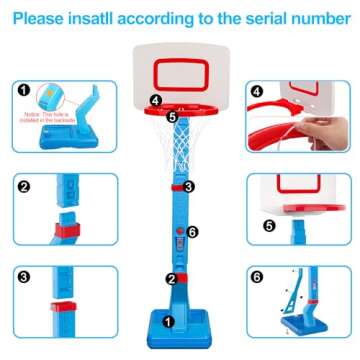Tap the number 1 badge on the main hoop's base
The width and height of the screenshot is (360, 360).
(x=169, y=322)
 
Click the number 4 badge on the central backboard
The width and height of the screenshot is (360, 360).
(x=154, y=100)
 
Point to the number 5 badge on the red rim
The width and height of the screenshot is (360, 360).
(x=171, y=116)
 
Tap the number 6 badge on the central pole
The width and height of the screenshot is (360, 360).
(x=194, y=232)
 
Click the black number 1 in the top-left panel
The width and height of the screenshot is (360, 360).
(x=23, y=89)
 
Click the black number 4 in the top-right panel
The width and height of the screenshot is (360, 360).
(x=256, y=91)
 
